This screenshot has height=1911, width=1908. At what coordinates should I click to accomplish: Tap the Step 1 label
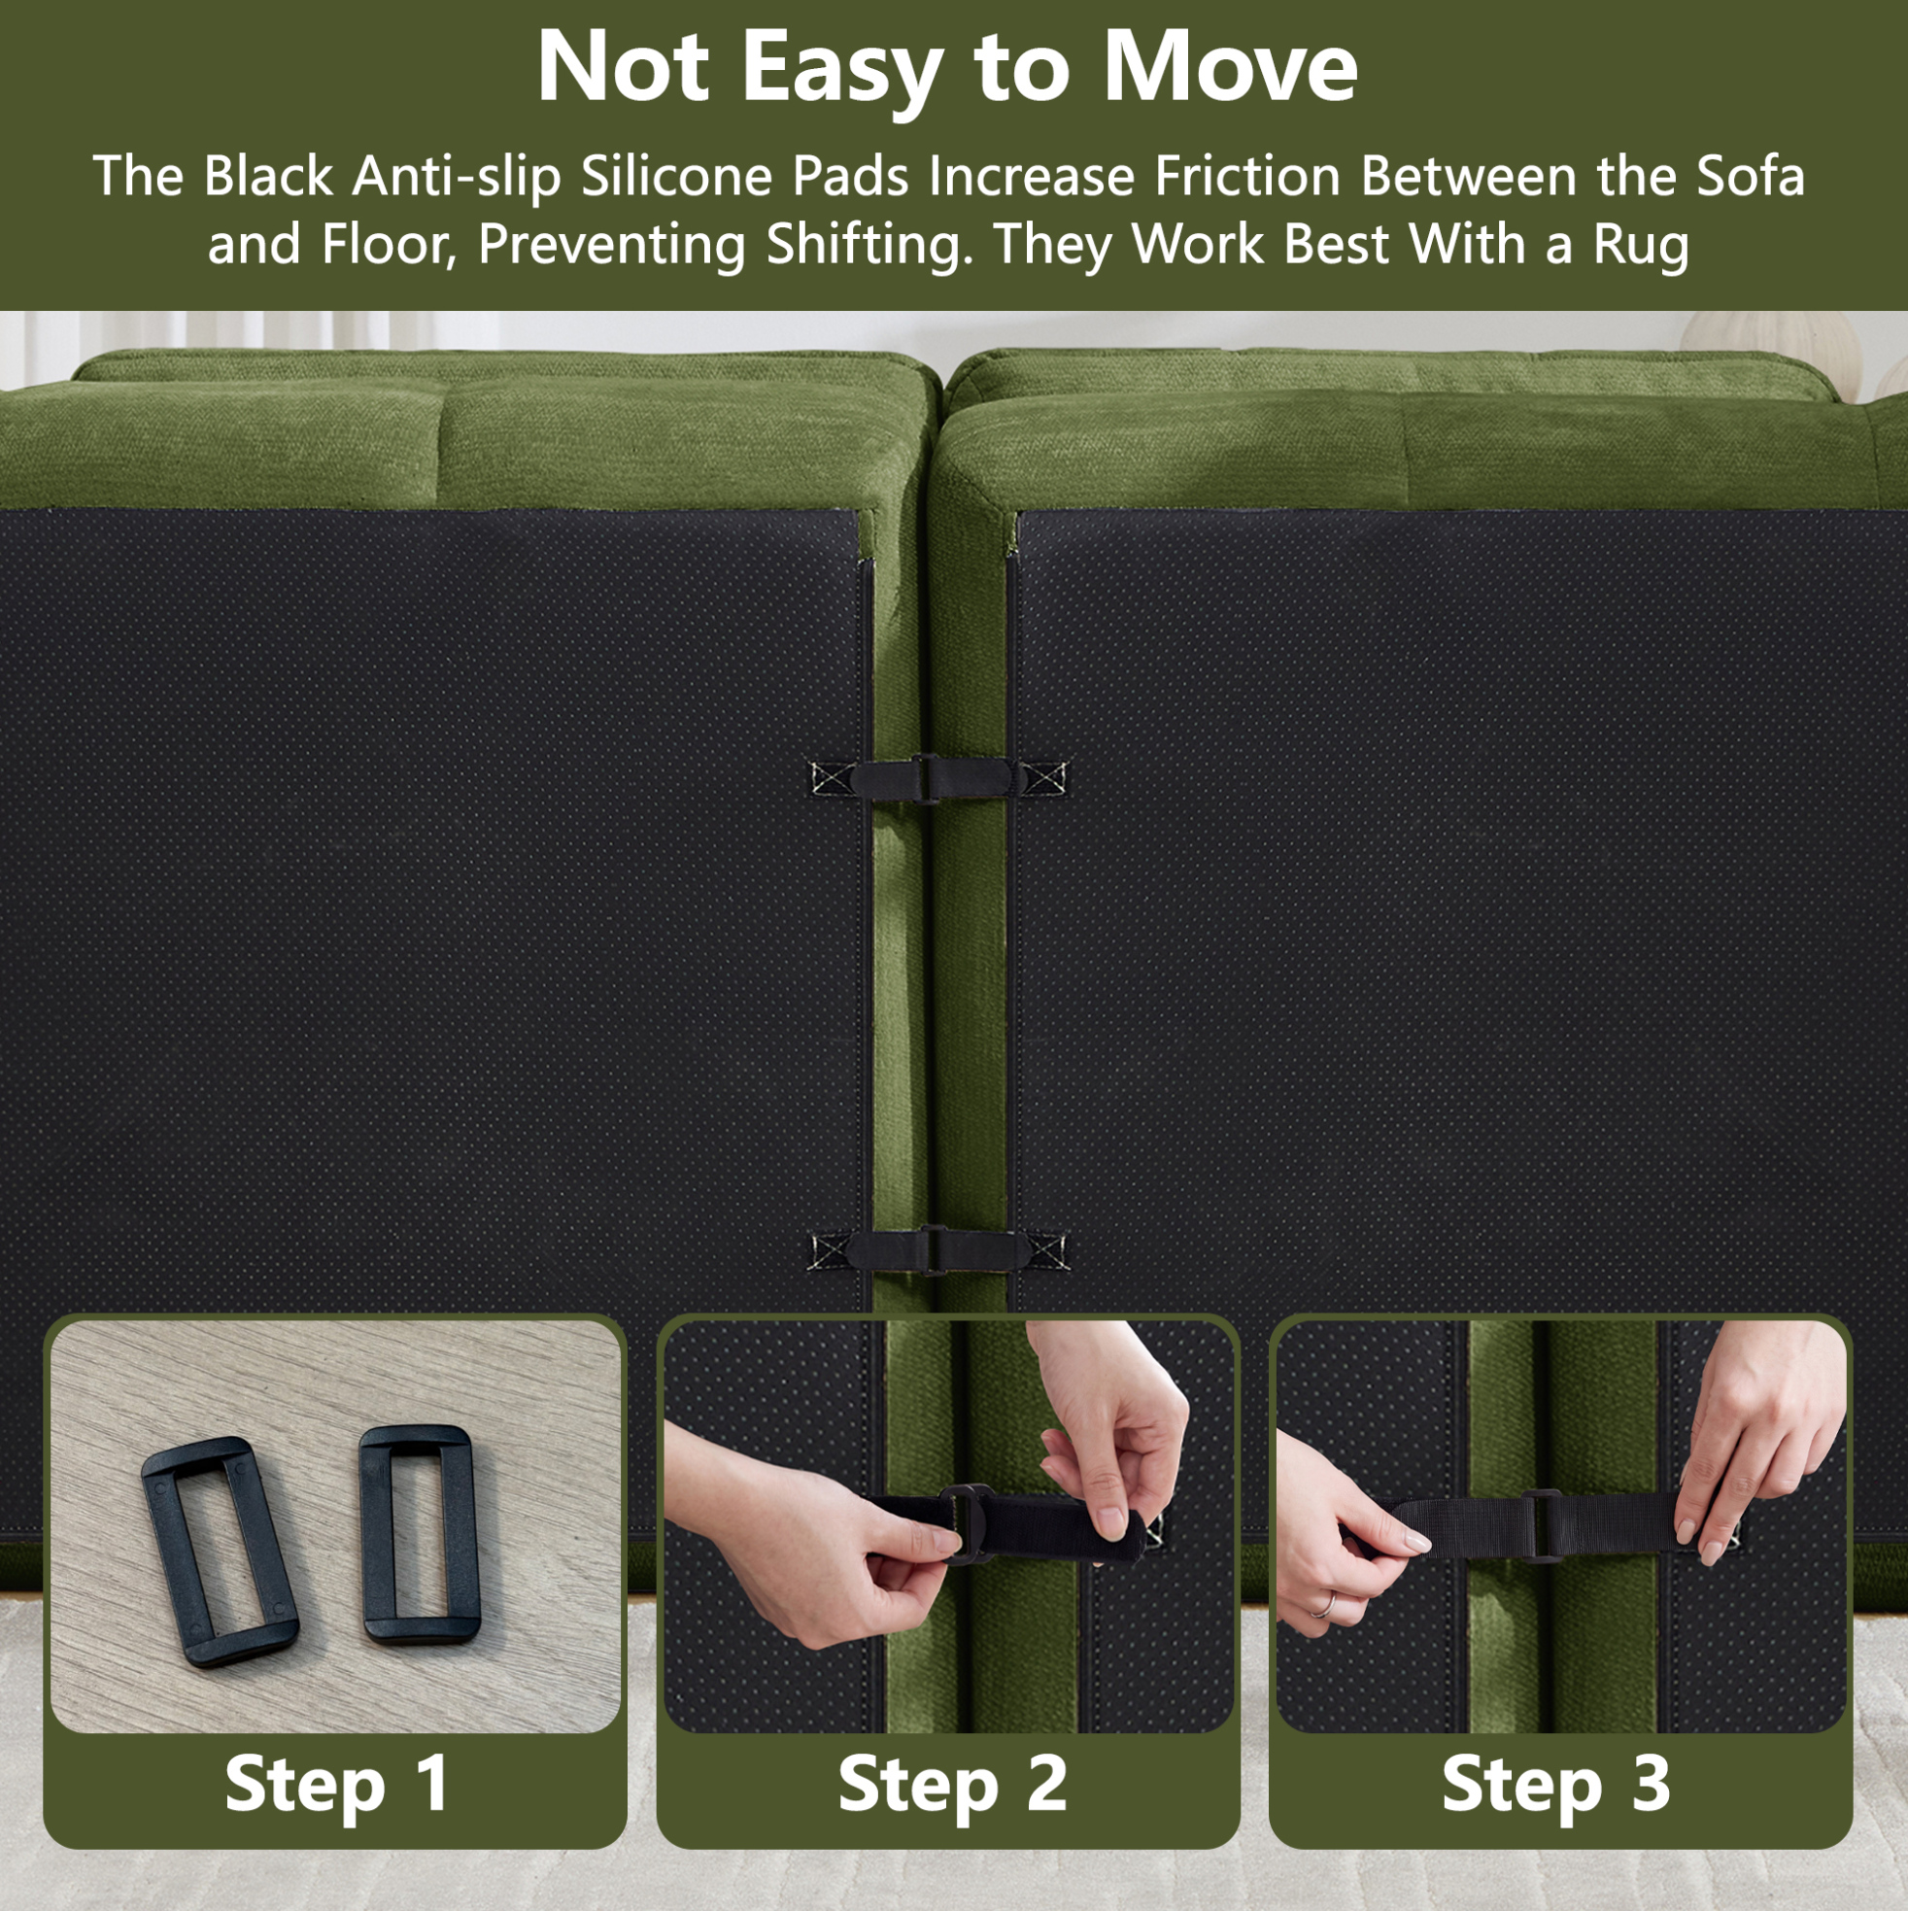coord(336,1784)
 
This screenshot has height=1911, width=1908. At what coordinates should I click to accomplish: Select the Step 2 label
coord(951,1784)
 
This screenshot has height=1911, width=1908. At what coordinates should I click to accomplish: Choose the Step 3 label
coord(1556,1784)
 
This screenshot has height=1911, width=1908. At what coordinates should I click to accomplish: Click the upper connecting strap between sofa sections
coord(937,777)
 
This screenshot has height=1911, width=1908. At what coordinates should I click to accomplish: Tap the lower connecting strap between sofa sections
coord(937,1249)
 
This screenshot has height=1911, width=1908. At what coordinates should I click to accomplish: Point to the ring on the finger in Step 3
coord(1323,1604)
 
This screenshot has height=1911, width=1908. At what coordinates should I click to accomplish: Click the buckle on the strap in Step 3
coord(1540,1525)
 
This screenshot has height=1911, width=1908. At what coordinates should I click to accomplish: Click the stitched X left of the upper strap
coord(830,778)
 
